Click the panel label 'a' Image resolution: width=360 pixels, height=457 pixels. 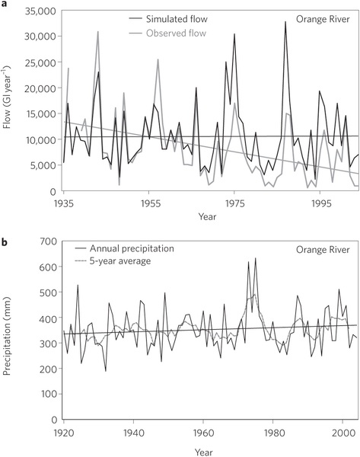click(4, 4)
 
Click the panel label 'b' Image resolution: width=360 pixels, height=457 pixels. click(4, 242)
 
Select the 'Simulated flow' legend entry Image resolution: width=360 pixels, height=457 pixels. click(168, 19)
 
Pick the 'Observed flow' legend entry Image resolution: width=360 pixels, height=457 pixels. click(167, 34)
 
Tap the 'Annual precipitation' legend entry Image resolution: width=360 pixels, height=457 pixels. click(124, 248)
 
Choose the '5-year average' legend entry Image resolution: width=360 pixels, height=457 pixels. click(113, 260)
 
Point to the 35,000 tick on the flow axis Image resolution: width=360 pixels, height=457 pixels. click(41, 11)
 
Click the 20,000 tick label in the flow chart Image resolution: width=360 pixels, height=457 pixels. click(41, 88)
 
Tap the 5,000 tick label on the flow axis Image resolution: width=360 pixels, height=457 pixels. click(43, 165)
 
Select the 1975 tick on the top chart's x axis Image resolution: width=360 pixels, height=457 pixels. click(234, 203)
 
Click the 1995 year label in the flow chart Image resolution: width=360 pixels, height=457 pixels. click(320, 203)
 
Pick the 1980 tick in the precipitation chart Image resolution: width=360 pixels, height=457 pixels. click(272, 433)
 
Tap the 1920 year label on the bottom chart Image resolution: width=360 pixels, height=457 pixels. click(64, 433)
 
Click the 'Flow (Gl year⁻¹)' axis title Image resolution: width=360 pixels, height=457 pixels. click(7, 97)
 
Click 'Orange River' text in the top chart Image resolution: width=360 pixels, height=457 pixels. click(323, 19)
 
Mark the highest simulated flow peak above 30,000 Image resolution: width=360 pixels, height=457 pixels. click(285, 21)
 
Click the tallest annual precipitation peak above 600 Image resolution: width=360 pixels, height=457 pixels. click(256, 258)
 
